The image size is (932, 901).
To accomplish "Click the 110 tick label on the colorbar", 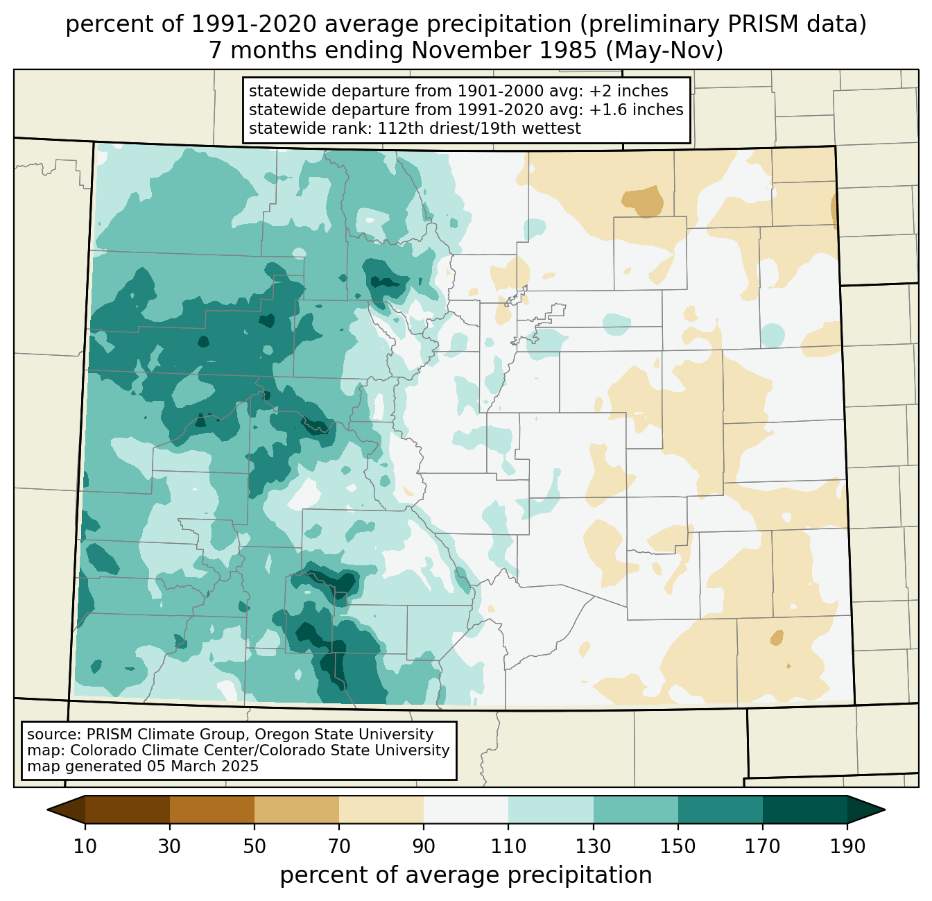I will coord(508,847).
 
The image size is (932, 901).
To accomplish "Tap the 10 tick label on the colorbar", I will coord(85,847).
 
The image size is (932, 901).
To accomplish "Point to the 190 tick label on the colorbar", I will coord(847,847).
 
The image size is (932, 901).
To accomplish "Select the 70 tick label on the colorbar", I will coord(339,847).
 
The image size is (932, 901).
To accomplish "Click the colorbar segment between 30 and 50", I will coord(212,809).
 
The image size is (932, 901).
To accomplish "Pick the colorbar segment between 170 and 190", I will coord(804,809).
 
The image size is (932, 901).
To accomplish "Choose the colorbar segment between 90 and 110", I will coord(466,809).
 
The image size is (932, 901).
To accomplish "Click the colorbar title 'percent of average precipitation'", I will coord(466,875).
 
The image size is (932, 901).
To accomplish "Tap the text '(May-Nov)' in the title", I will coord(669,51).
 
